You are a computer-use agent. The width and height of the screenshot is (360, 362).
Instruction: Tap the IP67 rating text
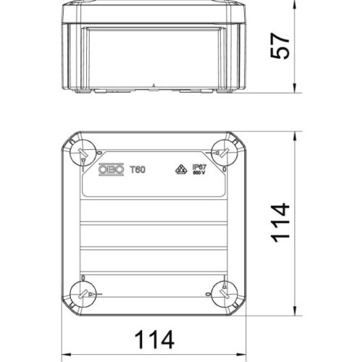pos(200,167)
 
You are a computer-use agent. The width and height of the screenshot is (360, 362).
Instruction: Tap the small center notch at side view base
pos(154,86)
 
